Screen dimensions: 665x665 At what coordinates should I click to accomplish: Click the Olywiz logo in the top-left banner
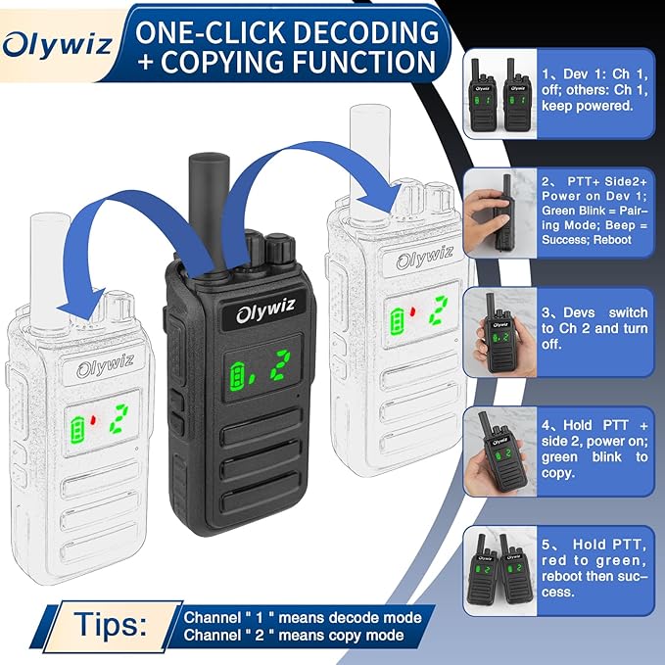[57, 45]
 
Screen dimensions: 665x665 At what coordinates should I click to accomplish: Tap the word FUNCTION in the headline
[363, 62]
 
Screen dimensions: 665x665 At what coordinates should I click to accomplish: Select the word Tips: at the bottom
[111, 625]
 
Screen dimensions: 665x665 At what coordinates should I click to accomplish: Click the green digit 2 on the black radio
[281, 364]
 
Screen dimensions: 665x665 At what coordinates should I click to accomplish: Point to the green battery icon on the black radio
[237, 377]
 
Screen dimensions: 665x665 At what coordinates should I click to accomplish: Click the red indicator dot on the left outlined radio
[93, 420]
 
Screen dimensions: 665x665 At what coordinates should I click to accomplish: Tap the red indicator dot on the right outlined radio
[411, 312]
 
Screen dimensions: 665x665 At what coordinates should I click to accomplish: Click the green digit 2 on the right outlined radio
[439, 310]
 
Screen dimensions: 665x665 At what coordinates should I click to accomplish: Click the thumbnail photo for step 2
[500, 213]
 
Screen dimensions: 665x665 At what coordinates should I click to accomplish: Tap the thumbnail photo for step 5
[500, 571]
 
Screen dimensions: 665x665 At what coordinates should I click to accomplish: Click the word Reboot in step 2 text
[612, 240]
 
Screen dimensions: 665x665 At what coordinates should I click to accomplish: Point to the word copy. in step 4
[558, 473]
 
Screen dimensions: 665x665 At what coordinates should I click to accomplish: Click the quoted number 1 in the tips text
[260, 617]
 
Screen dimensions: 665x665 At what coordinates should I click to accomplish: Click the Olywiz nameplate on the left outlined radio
[106, 366]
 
